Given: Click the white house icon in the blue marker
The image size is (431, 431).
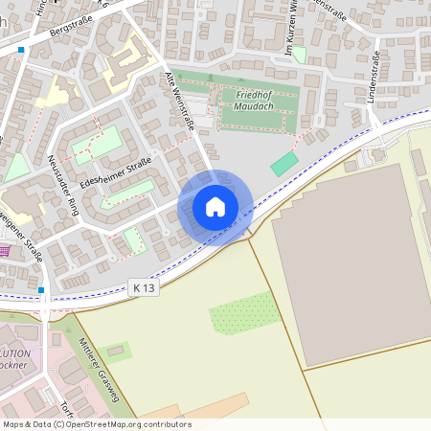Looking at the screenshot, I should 215,207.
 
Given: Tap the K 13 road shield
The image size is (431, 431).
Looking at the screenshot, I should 143,287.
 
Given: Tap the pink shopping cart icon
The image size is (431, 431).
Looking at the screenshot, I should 6,251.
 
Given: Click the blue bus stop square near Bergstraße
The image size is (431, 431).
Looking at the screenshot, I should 21,49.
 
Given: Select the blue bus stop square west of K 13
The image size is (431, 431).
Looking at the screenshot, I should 43,289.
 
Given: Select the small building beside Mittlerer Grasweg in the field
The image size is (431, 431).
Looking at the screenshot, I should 120,350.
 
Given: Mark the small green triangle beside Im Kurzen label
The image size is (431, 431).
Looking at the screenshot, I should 299,56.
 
